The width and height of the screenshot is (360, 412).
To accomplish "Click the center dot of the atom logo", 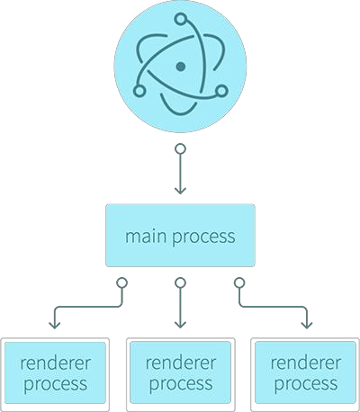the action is click(x=181, y=67).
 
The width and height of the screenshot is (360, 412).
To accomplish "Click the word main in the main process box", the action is click(x=146, y=237).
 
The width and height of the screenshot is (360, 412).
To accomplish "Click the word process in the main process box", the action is click(x=204, y=238).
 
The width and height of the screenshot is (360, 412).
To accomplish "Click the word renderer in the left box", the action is click(x=55, y=363).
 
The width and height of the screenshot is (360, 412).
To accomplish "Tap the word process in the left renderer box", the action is click(x=56, y=385).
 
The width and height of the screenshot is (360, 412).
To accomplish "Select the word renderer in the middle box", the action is click(x=181, y=363).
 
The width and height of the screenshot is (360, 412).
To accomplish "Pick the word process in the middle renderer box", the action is click(x=181, y=385).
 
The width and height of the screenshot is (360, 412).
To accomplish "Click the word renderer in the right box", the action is click(x=306, y=363).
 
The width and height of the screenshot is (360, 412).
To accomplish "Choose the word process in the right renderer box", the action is click(x=306, y=385).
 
